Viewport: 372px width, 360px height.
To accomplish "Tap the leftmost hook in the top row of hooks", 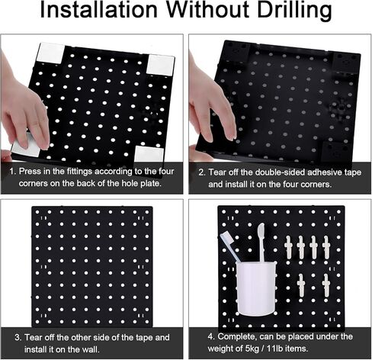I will pyautogui.click(x=290, y=246).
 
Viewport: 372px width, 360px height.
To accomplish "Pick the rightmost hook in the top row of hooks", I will pyautogui.click(x=325, y=246).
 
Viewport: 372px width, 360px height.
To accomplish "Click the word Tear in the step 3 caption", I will pyautogui.click(x=34, y=336).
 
